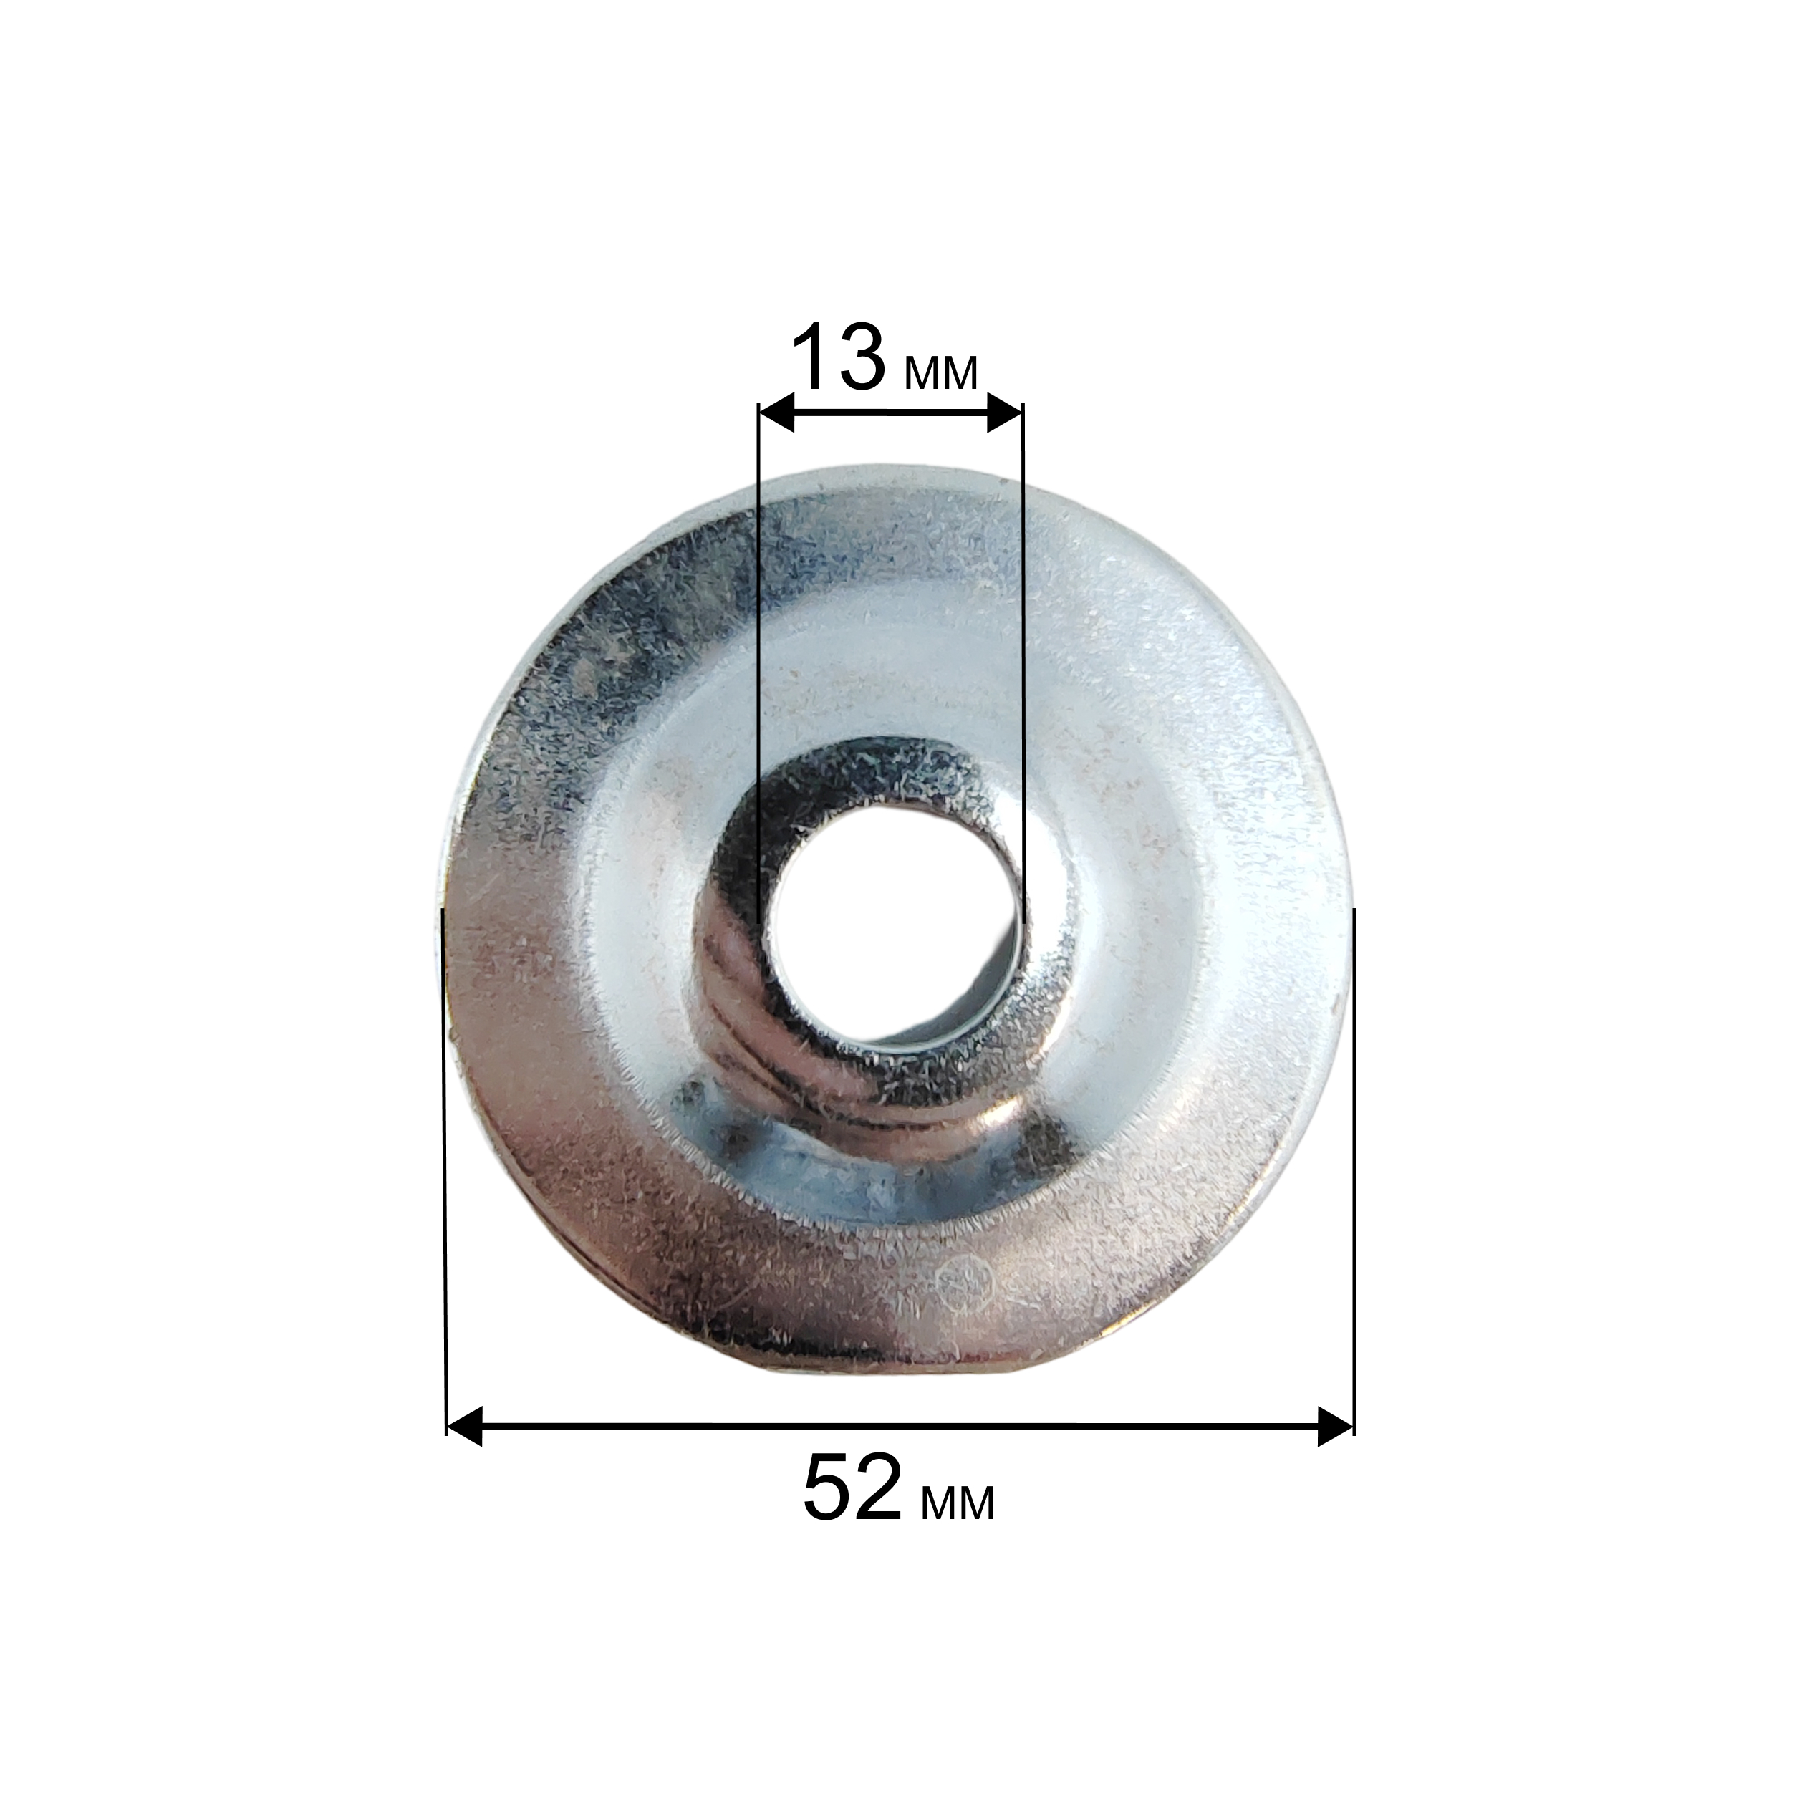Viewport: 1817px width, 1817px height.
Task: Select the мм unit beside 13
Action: tap(940, 372)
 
